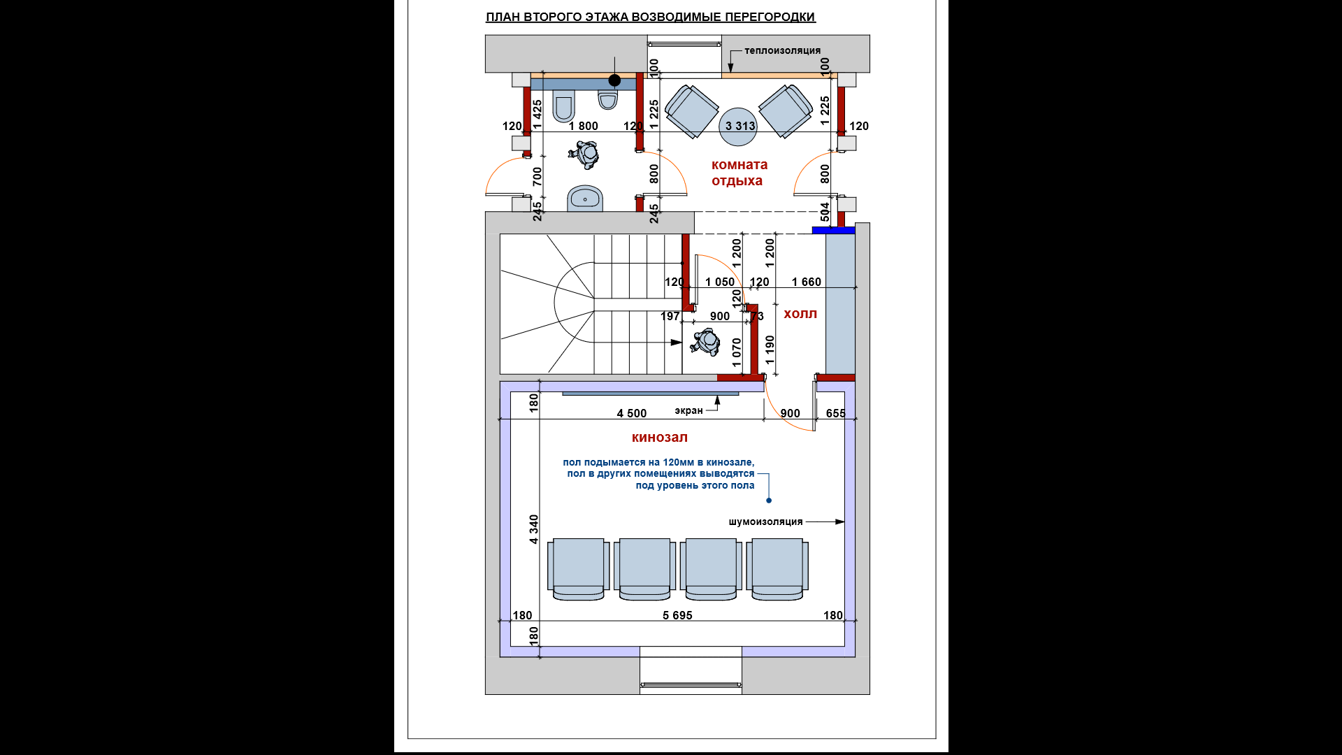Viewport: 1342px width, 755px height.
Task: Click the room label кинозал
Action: (x=659, y=438)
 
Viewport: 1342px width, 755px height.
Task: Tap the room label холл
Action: (x=800, y=314)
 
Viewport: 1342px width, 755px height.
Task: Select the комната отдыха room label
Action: (x=739, y=173)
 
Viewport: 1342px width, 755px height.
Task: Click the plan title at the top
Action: (x=650, y=17)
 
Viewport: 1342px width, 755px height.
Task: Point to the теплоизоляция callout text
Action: (x=782, y=50)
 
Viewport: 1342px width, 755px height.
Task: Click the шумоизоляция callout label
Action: (x=765, y=522)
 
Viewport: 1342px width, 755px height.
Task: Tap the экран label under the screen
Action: (x=688, y=410)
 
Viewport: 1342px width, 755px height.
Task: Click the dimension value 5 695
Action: (x=677, y=615)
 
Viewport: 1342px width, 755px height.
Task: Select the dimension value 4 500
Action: (x=631, y=413)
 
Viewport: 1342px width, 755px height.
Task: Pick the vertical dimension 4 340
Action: (x=534, y=529)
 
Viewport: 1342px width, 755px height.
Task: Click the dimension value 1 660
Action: (x=806, y=282)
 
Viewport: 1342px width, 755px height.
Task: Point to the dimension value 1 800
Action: (x=583, y=126)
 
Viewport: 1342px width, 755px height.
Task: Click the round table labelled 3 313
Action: (x=738, y=127)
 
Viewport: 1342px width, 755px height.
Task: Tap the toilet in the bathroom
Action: (x=563, y=106)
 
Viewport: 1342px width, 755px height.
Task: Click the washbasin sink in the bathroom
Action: (x=585, y=199)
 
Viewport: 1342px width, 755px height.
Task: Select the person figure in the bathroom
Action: (x=584, y=154)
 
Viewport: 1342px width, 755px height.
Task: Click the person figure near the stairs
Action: (x=705, y=342)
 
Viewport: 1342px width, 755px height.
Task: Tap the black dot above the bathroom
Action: (x=614, y=80)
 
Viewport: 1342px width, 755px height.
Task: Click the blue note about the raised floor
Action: (x=658, y=473)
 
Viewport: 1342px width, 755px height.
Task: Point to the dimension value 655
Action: (x=835, y=413)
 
